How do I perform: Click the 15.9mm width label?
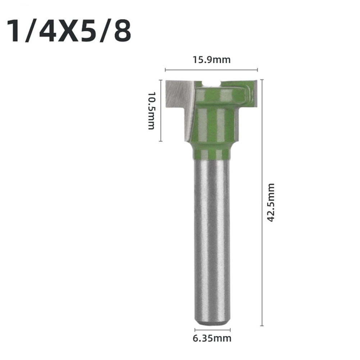(x=211, y=60)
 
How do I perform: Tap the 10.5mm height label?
(x=151, y=110)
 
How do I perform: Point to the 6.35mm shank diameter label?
(x=212, y=338)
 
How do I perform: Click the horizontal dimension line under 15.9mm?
(x=211, y=70)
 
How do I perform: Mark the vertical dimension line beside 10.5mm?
(x=161, y=110)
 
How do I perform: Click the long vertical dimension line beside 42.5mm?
(x=262, y=202)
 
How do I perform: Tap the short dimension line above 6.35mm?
(x=212, y=329)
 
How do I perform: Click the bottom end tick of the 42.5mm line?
(x=262, y=325)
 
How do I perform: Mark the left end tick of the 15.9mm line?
(x=165, y=70)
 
